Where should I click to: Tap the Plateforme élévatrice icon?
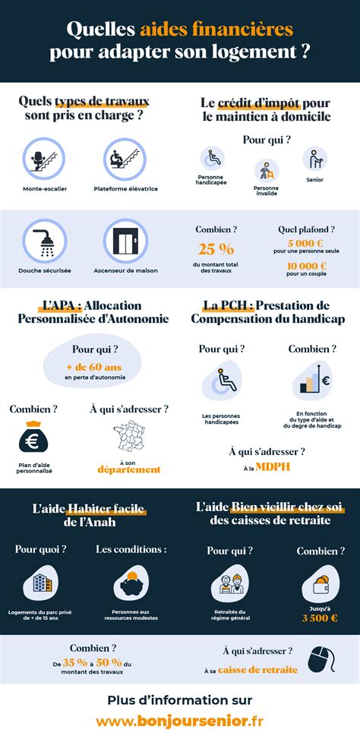(125, 159)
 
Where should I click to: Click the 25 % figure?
(216, 249)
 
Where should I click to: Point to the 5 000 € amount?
(302, 244)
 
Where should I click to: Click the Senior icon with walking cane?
(315, 159)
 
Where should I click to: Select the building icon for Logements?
(39, 584)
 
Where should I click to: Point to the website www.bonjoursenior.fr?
(180, 719)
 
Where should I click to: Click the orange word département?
(129, 469)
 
